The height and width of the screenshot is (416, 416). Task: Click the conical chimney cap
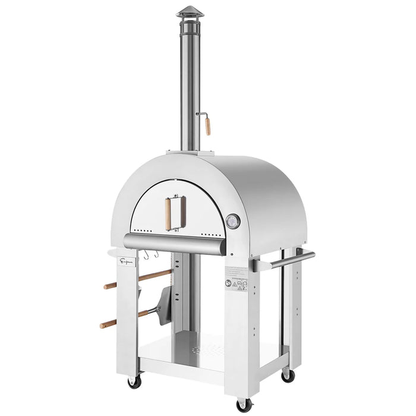[x=190, y=12]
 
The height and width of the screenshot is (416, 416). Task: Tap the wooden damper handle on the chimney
[x=207, y=126]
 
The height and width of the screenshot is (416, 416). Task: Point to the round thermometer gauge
[x=234, y=221]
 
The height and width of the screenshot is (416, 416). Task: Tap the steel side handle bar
[x=284, y=260]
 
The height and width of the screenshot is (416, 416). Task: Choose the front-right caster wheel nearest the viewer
[x=244, y=405]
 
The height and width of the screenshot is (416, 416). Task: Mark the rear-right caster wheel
[x=288, y=376]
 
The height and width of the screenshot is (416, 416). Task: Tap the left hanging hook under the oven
[x=145, y=256]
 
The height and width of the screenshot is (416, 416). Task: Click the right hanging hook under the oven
[x=156, y=255]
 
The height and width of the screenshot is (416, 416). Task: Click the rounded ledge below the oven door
[x=175, y=242]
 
